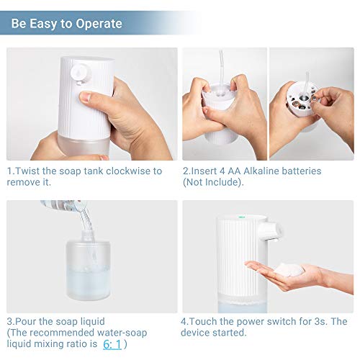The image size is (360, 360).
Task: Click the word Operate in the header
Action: [x=99, y=24]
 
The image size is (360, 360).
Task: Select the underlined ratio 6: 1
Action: [x=112, y=344]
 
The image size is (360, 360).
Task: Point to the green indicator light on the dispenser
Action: [x=241, y=217]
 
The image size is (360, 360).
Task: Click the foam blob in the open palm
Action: [x=289, y=269]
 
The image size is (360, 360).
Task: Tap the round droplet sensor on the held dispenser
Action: [x=81, y=73]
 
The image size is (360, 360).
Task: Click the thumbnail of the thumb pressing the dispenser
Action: [x=85, y=96]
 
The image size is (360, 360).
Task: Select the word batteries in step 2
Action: [x=302, y=171]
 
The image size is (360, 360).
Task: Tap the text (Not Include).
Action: [x=213, y=182]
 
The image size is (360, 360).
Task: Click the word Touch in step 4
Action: [x=203, y=321]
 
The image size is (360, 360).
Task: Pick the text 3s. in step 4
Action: [x=321, y=321]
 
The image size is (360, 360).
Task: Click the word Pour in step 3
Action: [x=23, y=321]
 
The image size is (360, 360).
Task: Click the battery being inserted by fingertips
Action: [x=313, y=98]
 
